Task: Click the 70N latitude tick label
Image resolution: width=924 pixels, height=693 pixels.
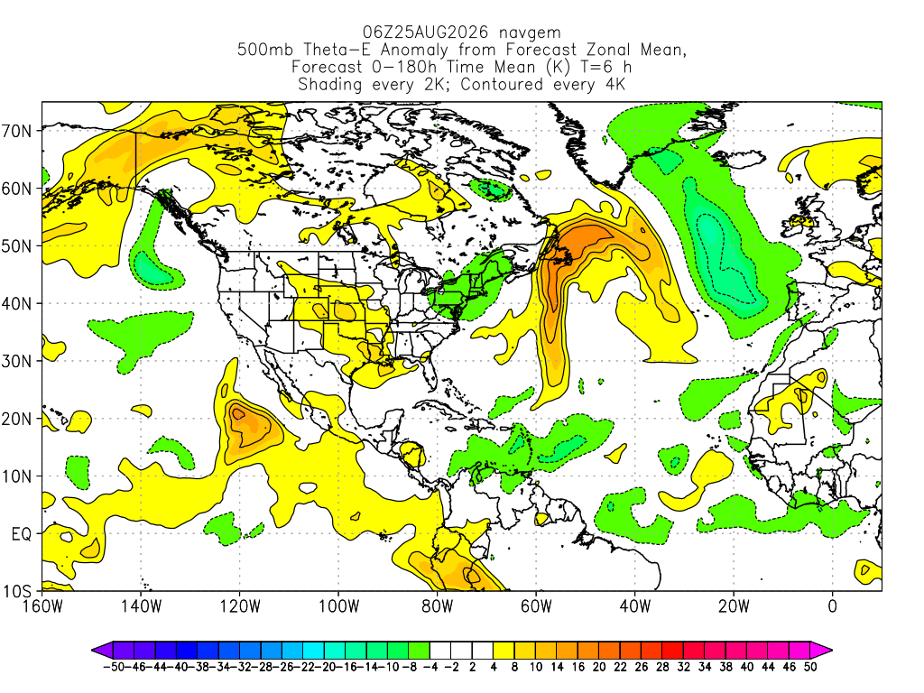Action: click(17, 131)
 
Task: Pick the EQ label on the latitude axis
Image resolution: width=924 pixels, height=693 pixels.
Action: click(22, 534)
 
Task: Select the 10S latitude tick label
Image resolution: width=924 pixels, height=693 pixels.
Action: click(17, 592)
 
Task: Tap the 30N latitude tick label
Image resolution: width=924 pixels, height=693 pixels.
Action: click(17, 361)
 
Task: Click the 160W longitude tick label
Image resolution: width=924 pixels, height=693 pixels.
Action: click(42, 606)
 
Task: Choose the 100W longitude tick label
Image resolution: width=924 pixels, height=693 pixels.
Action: click(339, 606)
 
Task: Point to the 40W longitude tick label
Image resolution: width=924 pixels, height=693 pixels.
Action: click(635, 606)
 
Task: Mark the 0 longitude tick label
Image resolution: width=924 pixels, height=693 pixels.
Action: click(833, 606)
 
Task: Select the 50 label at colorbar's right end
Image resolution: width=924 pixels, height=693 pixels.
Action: click(810, 667)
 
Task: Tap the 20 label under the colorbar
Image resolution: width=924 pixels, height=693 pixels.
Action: click(599, 667)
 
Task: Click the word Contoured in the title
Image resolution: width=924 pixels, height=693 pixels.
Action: click(502, 85)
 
